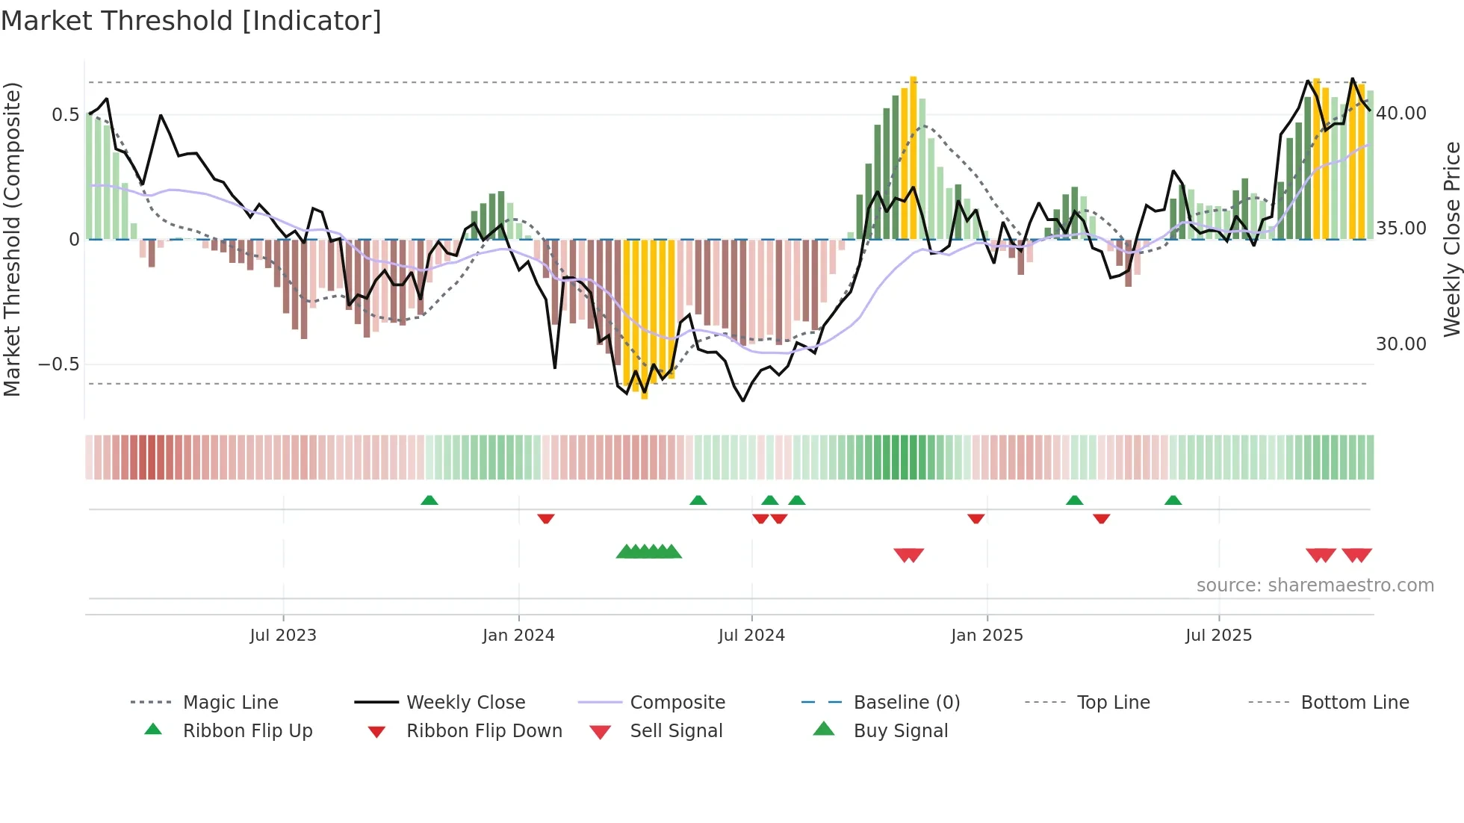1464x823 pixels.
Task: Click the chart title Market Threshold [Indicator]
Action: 191,21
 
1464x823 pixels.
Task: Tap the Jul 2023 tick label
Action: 283,636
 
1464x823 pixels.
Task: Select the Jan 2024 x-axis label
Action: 518,636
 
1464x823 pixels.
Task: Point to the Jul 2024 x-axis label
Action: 751,636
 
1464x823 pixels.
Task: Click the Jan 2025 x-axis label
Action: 987,636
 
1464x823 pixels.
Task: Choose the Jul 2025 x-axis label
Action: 1218,636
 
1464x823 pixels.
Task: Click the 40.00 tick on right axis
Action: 1401,114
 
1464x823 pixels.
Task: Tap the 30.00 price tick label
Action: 1401,344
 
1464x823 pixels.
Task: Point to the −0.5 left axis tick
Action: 59,364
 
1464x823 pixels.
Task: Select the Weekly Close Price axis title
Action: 1451,239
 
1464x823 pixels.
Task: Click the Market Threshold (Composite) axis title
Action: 12,239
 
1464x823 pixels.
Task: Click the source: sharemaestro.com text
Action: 1315,586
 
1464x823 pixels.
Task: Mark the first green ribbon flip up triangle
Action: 429,500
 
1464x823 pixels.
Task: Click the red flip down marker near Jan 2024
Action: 546,518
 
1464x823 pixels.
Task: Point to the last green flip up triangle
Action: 1173,500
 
